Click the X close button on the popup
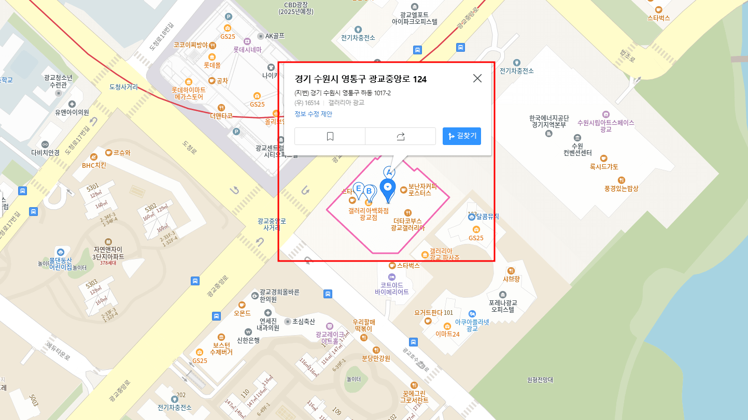coord(477,78)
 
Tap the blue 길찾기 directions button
coord(462,136)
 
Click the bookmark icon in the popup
coord(330,136)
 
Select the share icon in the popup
coord(400,136)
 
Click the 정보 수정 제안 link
coord(313,114)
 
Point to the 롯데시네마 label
coord(247,50)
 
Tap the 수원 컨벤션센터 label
coord(577,149)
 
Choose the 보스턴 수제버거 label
coord(221,349)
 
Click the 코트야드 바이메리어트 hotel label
coord(392,288)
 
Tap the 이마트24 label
coord(447,334)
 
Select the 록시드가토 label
coord(604,167)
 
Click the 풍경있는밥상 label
coord(621,189)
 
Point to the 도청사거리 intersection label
coord(124,87)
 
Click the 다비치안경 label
coord(46,152)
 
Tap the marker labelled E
coord(358,189)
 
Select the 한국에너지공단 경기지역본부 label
coord(549,121)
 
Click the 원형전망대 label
coord(540,380)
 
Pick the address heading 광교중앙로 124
coord(360,79)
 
